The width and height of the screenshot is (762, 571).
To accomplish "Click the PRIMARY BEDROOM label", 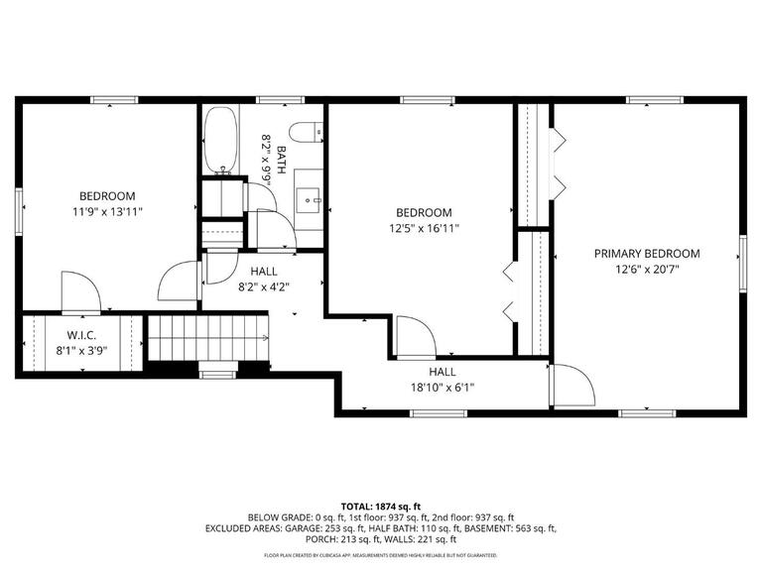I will point(646,254).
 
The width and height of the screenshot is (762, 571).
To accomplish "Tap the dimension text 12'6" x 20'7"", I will point(646,270).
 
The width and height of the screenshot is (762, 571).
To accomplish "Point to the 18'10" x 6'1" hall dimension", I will point(442,388).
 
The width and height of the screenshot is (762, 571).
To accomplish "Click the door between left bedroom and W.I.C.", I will point(79,292).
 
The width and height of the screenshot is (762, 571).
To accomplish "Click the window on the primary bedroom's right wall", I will point(741,262).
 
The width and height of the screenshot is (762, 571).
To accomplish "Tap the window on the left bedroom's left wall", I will point(18,211).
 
